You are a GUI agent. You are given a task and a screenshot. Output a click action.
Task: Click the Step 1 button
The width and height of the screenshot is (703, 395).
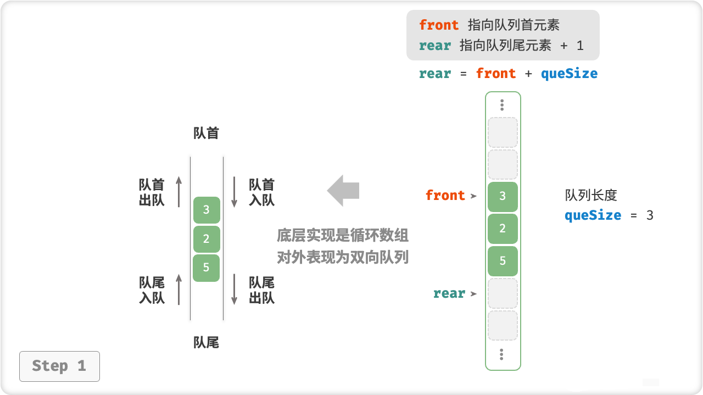(x=59, y=366)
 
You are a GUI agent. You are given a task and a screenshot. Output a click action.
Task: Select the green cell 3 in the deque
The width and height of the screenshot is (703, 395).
(x=207, y=210)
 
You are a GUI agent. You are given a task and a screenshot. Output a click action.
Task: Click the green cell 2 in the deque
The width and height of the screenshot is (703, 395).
(x=207, y=239)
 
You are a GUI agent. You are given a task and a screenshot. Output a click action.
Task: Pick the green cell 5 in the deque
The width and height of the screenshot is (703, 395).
(x=207, y=268)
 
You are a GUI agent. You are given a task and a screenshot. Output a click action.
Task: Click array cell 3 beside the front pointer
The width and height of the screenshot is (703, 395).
(x=503, y=196)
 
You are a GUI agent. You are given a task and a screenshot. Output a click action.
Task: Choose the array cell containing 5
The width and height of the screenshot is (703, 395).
(x=503, y=261)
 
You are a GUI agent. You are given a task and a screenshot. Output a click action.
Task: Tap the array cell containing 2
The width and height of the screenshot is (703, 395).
(x=503, y=229)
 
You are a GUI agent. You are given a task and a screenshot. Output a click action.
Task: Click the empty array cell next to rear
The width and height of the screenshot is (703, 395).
(x=503, y=293)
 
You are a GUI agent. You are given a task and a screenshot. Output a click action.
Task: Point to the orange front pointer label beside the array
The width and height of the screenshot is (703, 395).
(x=445, y=196)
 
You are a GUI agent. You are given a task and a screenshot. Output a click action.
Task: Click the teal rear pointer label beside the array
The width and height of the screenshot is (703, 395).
(x=449, y=293)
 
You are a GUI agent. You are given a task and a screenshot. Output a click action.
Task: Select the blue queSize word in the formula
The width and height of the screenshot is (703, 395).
(x=569, y=74)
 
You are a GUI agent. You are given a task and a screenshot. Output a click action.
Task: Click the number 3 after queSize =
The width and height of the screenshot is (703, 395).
(x=650, y=215)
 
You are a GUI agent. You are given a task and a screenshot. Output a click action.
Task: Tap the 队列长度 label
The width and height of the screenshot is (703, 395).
(x=591, y=195)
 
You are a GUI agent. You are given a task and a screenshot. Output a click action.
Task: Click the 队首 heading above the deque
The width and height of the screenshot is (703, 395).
(x=207, y=133)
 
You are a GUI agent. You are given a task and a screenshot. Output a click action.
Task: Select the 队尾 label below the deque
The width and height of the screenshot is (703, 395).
(x=207, y=343)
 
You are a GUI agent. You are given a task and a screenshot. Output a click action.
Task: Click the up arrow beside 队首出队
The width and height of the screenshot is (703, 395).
(x=178, y=192)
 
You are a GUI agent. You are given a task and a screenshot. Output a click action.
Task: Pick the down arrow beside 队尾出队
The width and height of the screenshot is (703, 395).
(x=234, y=290)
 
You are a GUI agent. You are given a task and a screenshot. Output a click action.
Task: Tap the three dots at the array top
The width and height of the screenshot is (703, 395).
(x=502, y=105)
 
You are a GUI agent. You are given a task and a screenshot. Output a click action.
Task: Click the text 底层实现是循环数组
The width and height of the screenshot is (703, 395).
(x=343, y=236)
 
